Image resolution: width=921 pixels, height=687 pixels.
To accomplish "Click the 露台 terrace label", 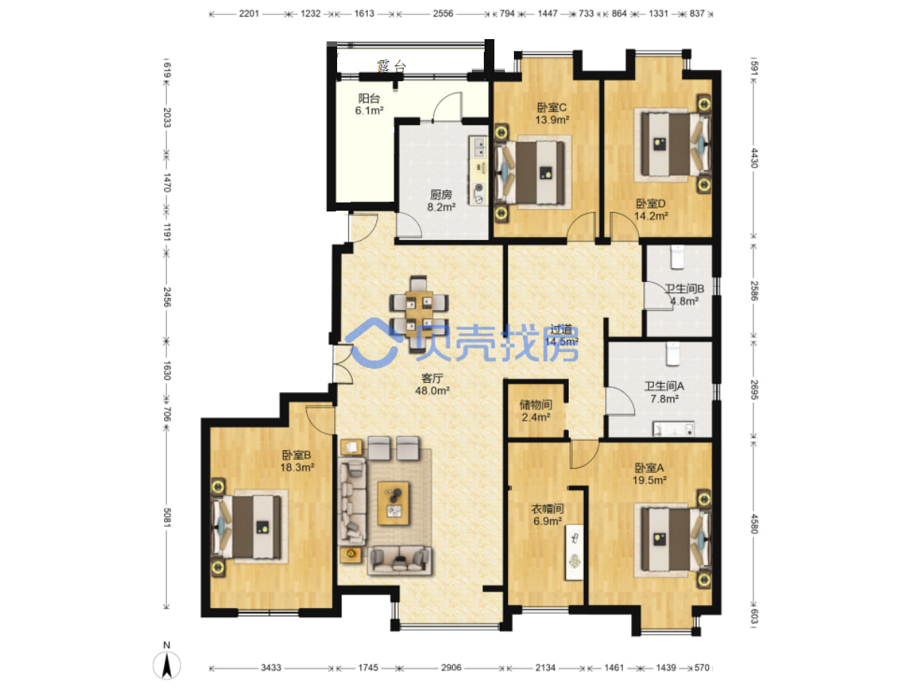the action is tap(391, 66).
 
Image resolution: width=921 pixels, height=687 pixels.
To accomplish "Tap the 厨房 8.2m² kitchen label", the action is tap(441, 200).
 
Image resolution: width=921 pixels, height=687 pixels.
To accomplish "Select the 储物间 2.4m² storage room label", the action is tap(536, 411).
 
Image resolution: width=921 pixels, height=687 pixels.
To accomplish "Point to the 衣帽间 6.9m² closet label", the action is tap(547, 515).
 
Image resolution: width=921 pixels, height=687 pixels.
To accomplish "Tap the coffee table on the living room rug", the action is tap(394, 503).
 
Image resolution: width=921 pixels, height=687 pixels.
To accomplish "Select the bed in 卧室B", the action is tap(247, 527).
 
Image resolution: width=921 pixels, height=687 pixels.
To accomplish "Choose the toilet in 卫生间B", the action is tap(677, 257).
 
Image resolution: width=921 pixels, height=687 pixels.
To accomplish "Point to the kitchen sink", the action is tap(479, 147).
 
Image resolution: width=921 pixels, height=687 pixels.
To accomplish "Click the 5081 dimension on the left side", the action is tap(166, 518).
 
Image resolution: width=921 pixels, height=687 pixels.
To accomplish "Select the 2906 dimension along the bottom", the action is tap(451, 667).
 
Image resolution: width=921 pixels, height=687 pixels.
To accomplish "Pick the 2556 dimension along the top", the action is tap(442, 14).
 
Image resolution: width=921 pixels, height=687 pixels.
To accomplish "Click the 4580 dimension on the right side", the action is tap(754, 524).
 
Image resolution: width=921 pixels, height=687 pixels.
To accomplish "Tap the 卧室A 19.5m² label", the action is tap(649, 473).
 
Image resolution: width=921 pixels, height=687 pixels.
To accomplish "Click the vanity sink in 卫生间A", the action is tap(673, 429).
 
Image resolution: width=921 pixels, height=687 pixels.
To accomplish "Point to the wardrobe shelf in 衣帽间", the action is tap(574, 552).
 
